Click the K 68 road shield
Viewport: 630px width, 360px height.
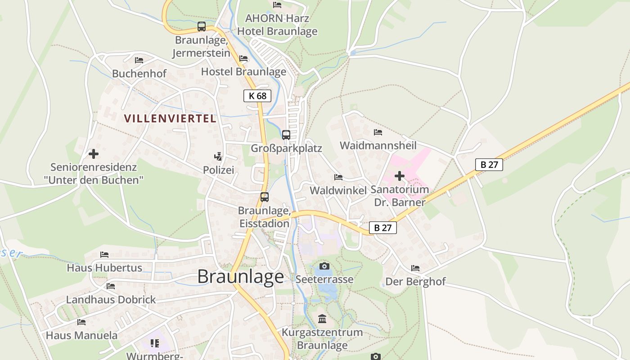point(257,95)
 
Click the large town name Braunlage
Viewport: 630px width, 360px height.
point(241,276)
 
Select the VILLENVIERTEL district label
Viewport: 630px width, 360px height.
point(170,119)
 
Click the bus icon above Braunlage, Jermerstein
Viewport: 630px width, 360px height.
point(202,27)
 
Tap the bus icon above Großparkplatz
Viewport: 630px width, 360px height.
point(286,135)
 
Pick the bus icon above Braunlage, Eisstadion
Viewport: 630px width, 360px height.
point(265,197)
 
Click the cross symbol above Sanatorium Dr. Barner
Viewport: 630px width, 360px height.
point(399,176)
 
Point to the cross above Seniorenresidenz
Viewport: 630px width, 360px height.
point(94,154)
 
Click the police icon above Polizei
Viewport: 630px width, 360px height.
point(218,157)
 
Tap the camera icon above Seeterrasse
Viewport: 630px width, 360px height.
point(324,266)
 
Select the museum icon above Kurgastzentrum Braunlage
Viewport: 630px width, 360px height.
point(322,319)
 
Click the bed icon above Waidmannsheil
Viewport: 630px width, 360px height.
point(378,132)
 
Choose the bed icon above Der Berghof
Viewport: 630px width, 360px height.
point(415,268)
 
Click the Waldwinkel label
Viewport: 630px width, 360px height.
point(338,190)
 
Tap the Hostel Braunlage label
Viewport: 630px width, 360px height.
point(243,72)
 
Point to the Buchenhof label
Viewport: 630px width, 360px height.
point(139,73)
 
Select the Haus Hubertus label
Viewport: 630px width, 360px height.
point(104,268)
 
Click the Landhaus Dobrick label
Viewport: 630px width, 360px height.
point(111,299)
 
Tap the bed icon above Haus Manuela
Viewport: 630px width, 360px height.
point(81,322)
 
